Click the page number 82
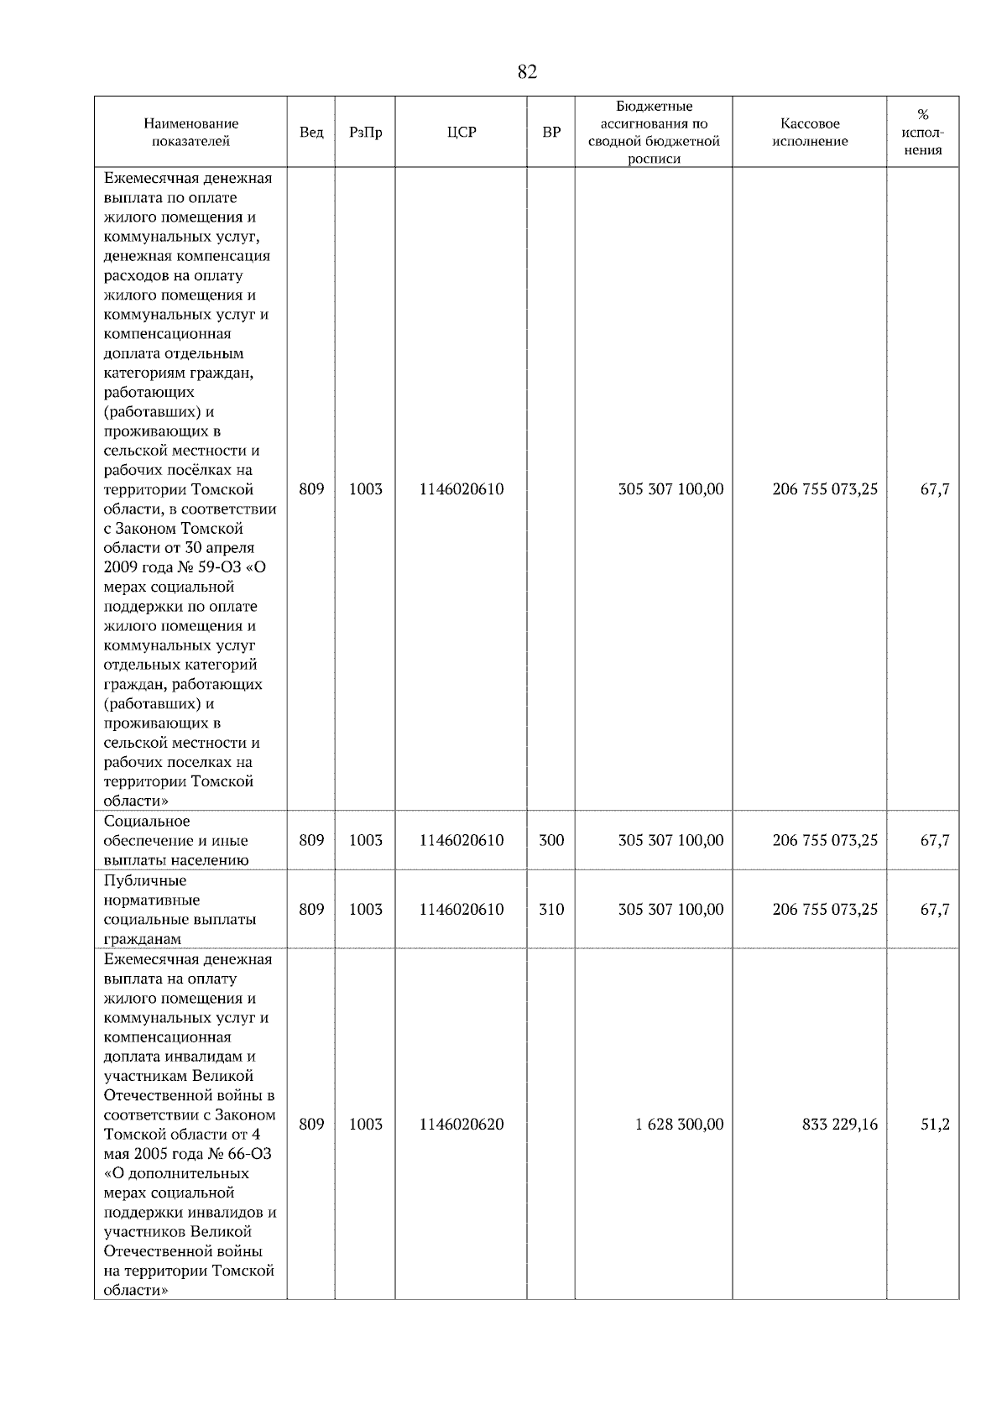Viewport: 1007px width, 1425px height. pos(527,72)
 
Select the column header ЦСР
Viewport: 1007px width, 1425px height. pos(462,133)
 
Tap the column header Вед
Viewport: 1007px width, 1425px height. pos(311,133)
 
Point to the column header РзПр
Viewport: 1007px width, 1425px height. pos(365,133)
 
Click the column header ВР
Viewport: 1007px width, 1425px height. pos(551,133)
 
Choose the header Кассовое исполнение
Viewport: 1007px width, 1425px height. pos(810,133)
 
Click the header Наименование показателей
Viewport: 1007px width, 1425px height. pos(190,133)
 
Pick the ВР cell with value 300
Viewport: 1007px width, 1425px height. pos(551,840)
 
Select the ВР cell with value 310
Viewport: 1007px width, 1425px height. pos(551,909)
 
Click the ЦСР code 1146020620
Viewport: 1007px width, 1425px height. pos(462,1125)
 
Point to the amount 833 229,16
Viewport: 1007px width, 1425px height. pos(840,1125)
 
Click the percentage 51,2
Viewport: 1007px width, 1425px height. pos(935,1125)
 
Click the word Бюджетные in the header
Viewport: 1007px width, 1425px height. pos(654,107)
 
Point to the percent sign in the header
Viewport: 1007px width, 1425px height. pos(923,115)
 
